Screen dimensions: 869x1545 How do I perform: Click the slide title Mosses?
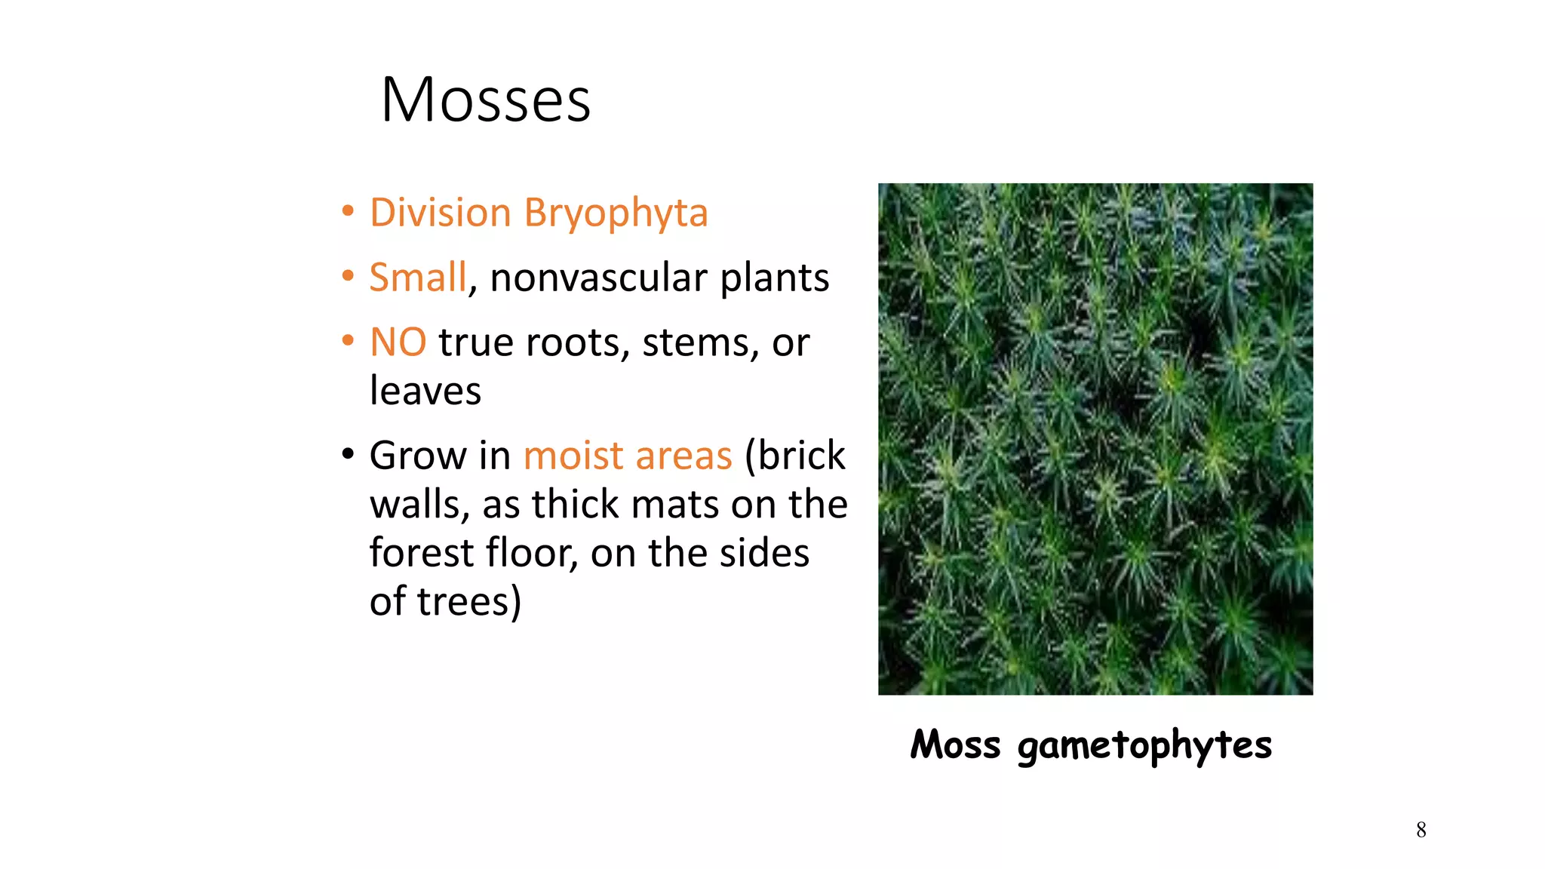tap(486, 100)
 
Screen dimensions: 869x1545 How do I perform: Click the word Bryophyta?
tap(616, 213)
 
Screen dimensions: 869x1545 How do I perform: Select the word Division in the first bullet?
tap(441, 212)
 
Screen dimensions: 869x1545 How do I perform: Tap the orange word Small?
tap(418, 277)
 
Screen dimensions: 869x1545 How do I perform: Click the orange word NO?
tap(398, 342)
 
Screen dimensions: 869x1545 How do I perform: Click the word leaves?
tap(425, 392)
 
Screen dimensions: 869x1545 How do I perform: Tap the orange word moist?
tap(573, 456)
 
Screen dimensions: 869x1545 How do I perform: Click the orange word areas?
tap(683, 456)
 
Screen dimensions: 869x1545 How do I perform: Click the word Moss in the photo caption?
tap(955, 745)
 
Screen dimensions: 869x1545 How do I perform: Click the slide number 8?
tap(1421, 830)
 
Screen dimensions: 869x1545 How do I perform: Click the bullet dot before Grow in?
tap(347, 455)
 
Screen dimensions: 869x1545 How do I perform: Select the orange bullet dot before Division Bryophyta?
tap(347, 212)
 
